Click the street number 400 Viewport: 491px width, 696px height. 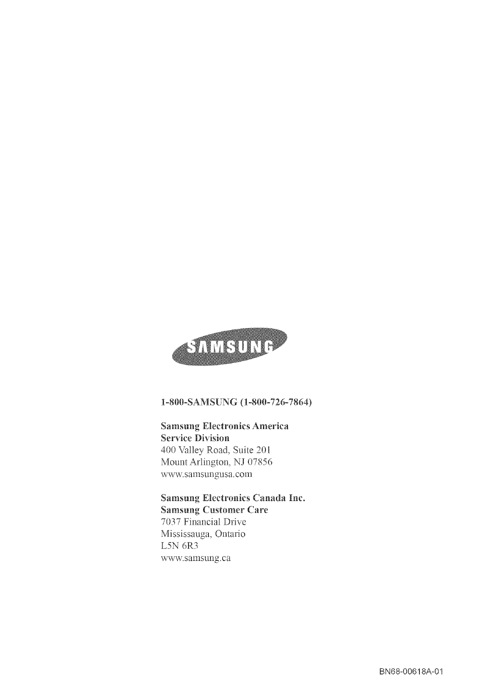pyautogui.click(x=168, y=450)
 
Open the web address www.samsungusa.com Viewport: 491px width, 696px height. pyautogui.click(x=206, y=474)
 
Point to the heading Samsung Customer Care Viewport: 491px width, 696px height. pyautogui.click(x=214, y=510)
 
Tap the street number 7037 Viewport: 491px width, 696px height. pyautogui.click(x=169, y=522)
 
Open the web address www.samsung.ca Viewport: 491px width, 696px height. pyautogui.click(x=196, y=558)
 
